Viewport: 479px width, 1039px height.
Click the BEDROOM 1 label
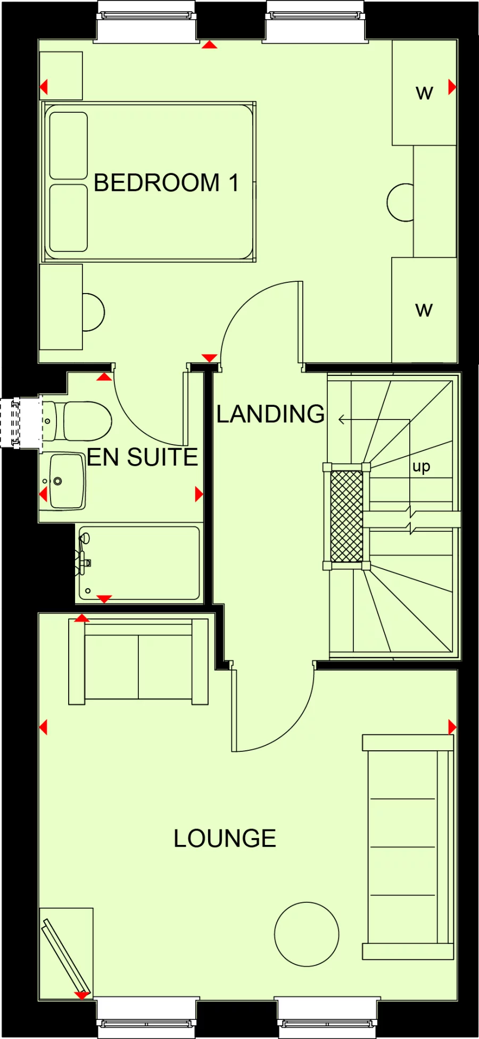pyautogui.click(x=166, y=183)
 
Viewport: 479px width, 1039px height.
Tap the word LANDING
pyautogui.click(x=270, y=414)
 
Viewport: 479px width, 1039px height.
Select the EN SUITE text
pyautogui.click(x=142, y=457)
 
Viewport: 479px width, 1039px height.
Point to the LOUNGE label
pyautogui.click(x=225, y=839)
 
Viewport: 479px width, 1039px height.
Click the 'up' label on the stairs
pyautogui.click(x=421, y=466)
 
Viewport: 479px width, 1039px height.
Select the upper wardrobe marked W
pyautogui.click(x=424, y=93)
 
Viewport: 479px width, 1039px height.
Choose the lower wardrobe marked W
pyautogui.click(x=424, y=310)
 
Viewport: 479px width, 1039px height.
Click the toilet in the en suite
pyautogui.click(x=85, y=421)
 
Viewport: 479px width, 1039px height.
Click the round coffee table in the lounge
pyautogui.click(x=307, y=934)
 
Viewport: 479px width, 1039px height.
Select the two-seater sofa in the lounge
pyautogui.click(x=138, y=662)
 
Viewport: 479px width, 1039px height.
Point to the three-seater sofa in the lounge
pyautogui.click(x=408, y=847)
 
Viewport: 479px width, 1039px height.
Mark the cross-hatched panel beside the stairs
pyautogui.click(x=346, y=516)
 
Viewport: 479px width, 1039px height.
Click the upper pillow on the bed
pyautogui.click(x=69, y=145)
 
